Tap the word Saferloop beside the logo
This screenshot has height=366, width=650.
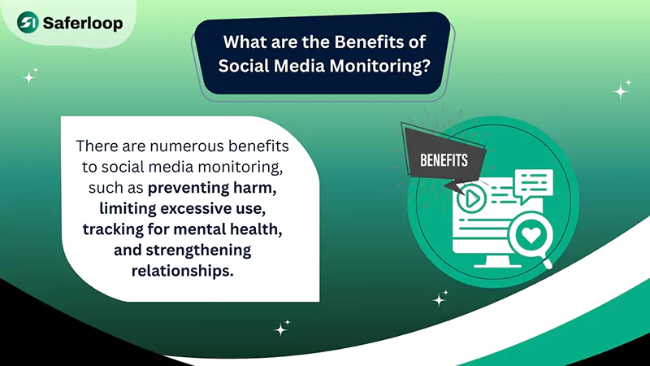point(84,23)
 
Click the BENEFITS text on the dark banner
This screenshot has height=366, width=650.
point(444,159)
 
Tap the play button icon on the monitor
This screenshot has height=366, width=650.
point(470,197)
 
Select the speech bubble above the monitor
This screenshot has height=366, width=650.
point(533,181)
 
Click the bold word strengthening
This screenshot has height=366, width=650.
point(195,249)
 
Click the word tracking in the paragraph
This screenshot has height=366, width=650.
point(112,229)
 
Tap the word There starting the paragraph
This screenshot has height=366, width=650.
point(95,147)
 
